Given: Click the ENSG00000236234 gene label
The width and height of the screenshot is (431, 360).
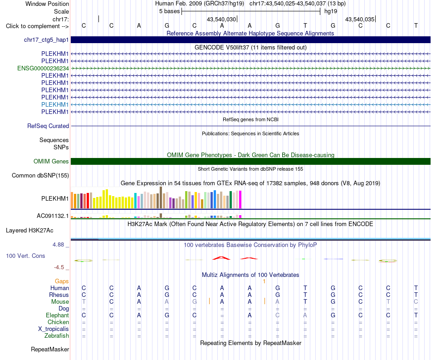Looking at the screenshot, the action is point(43,68).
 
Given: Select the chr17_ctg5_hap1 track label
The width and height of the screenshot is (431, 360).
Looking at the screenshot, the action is point(46,40).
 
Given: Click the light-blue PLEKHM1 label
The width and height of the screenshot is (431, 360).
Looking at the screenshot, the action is point(55,104).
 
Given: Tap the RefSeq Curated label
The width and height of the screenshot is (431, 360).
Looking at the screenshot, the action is point(48,126).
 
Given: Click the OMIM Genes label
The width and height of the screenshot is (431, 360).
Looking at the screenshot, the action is point(51,162).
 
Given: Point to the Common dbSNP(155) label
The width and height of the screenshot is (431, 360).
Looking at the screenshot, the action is point(40,176).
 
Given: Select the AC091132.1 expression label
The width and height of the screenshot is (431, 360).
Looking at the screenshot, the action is point(53,216).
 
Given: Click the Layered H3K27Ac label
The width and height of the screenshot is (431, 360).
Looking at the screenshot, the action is point(29,231).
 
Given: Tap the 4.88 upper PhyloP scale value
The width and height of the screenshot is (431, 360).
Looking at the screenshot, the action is point(58,245).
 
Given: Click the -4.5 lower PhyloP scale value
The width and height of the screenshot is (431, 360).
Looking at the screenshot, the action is point(59,267).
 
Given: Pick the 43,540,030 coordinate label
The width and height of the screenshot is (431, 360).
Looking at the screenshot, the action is point(221,19).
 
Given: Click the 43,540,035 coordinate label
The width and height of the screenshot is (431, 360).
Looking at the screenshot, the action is point(359,19).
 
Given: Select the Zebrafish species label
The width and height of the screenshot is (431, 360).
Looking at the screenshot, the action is point(57,336).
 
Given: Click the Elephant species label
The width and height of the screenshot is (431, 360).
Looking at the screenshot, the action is point(58,316).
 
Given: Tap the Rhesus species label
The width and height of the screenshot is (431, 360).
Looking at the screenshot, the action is point(59,295).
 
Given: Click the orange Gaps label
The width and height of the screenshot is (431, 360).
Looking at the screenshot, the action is point(62,281).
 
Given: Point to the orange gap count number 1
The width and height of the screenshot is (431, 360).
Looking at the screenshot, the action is point(264,281).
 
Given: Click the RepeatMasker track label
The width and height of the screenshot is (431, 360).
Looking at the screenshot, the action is point(50,349).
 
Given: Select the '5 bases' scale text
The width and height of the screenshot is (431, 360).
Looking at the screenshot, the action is point(169,11).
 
